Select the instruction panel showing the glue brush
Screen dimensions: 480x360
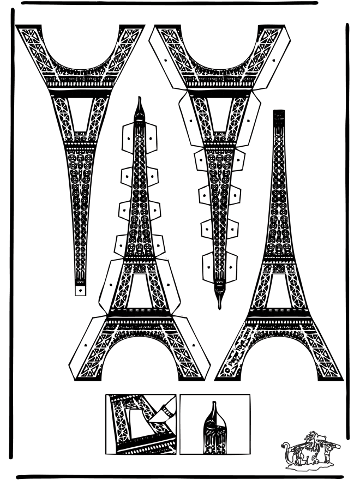coord(141,424)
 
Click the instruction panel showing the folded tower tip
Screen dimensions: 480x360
coord(215,424)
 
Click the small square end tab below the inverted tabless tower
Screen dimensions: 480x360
coord(81,289)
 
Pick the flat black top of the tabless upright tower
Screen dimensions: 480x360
coord(279,113)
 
